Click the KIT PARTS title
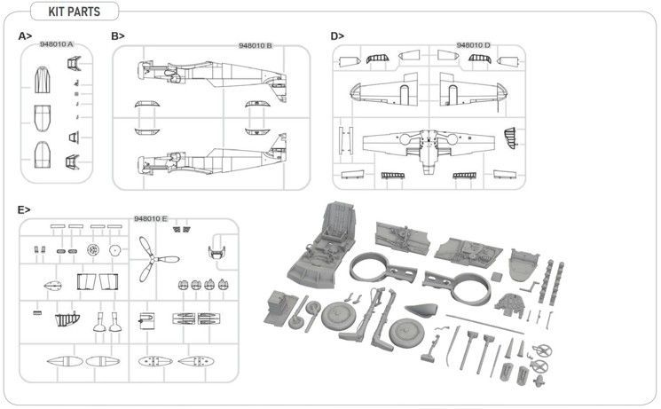point(75,12)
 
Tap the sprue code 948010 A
point(57,44)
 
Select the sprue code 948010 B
point(256,45)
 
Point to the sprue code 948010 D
point(474,45)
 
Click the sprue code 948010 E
point(151,218)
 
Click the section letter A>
point(25,36)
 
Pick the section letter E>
point(24,209)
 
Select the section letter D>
point(337,36)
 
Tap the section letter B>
point(118,36)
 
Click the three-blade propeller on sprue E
point(153,259)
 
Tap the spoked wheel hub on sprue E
point(93,250)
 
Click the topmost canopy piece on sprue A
point(43,80)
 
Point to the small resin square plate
point(497,277)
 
